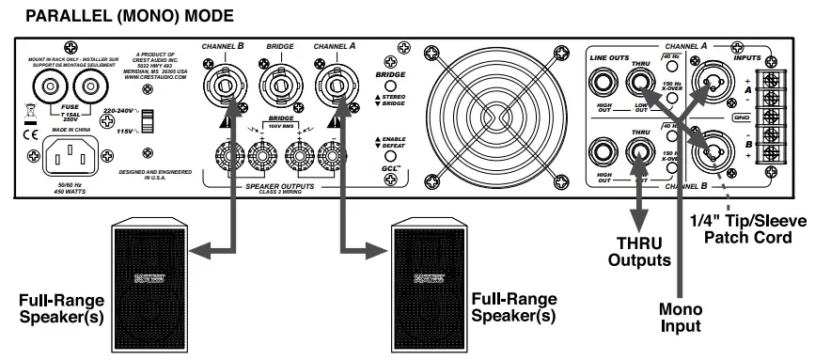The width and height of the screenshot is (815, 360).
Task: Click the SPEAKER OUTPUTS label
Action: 279,187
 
